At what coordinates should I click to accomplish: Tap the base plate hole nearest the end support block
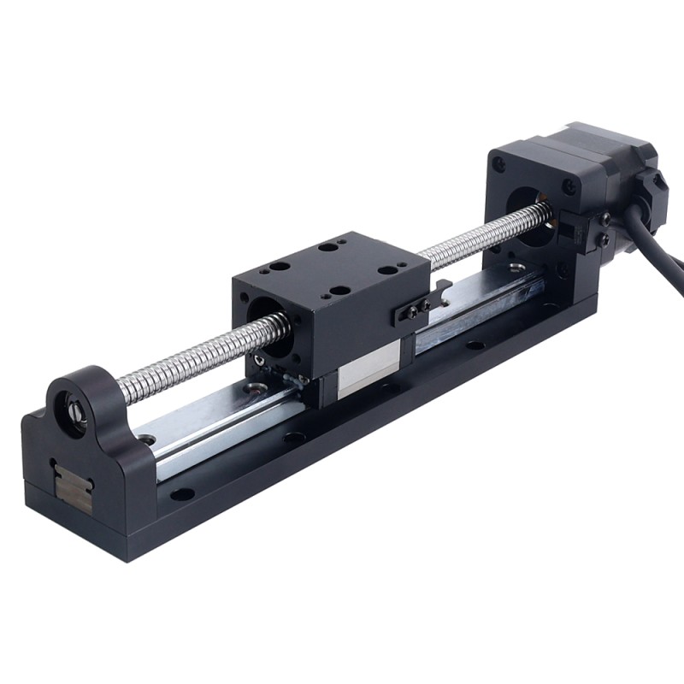(x=181, y=493)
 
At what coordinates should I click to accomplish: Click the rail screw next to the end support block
(x=148, y=439)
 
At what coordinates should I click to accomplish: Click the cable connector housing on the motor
(x=654, y=184)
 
